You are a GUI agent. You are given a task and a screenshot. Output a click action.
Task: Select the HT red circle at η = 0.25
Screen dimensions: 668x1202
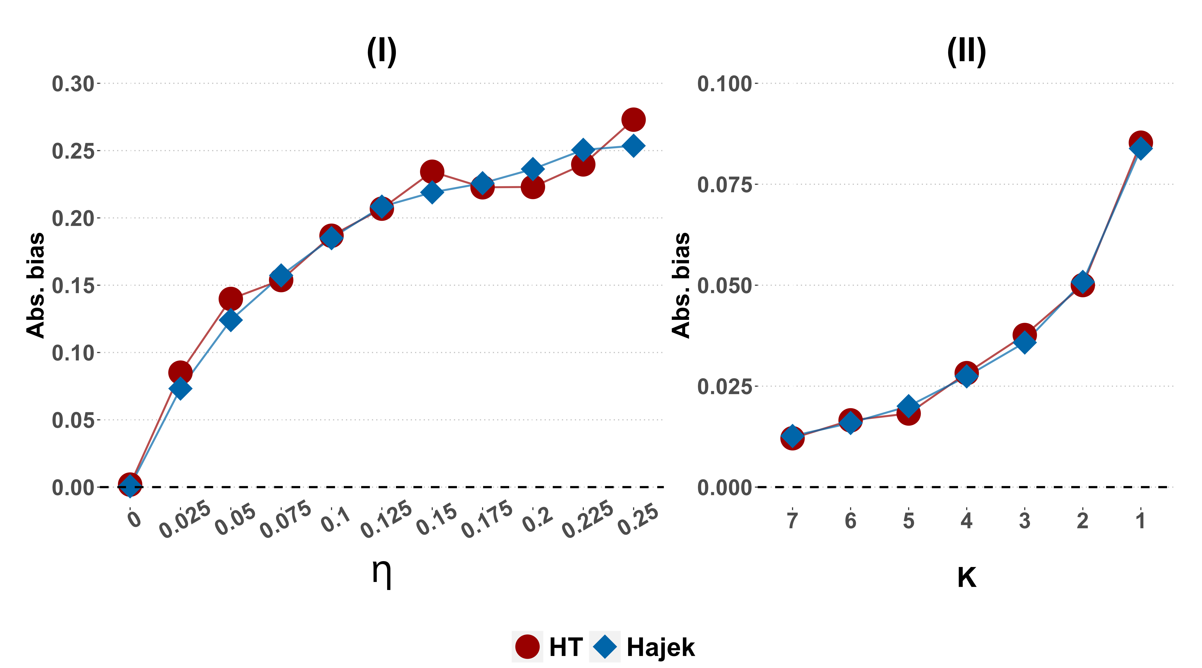pyautogui.click(x=633, y=119)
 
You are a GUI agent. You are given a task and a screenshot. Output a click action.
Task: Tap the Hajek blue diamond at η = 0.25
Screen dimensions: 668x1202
pyautogui.click(x=633, y=146)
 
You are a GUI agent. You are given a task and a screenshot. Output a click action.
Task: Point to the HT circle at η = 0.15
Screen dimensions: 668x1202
pyautogui.click(x=432, y=172)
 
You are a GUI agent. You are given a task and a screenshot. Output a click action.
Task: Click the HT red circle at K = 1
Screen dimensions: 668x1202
pyautogui.click(x=1140, y=142)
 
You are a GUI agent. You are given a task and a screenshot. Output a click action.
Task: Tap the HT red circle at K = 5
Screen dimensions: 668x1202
pyautogui.click(x=908, y=414)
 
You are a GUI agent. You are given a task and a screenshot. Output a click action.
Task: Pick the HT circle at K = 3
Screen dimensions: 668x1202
pyautogui.click(x=1024, y=335)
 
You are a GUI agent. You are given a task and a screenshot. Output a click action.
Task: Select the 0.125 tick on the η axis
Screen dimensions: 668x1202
pyautogui.click(x=386, y=519)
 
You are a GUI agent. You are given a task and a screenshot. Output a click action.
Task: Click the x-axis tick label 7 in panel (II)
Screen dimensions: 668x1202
pyautogui.click(x=792, y=521)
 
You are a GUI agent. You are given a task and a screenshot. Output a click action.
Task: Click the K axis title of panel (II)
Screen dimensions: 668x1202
pyautogui.click(x=966, y=578)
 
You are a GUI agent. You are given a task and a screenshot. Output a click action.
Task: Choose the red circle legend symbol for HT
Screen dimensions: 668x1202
pyautogui.click(x=527, y=646)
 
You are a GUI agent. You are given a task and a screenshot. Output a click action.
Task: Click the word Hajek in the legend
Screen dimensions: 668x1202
pyautogui.click(x=660, y=647)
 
